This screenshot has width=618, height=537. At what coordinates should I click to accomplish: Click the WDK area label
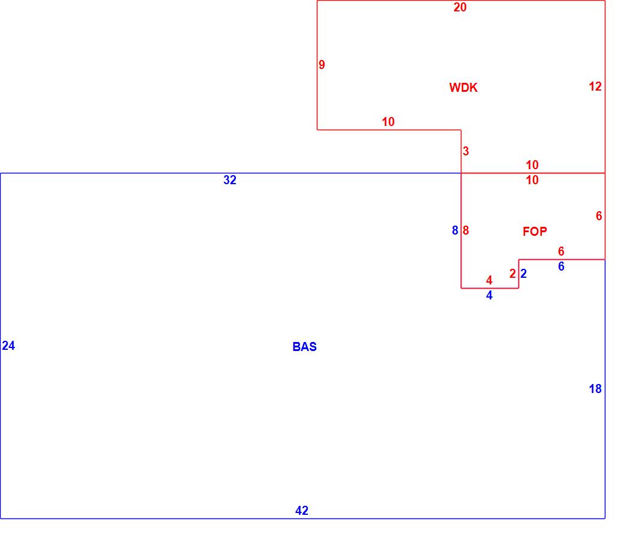(x=463, y=88)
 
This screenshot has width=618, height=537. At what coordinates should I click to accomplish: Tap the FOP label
(x=535, y=232)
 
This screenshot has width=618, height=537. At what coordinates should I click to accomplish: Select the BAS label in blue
(x=304, y=347)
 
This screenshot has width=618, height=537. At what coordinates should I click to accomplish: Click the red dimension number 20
(x=460, y=8)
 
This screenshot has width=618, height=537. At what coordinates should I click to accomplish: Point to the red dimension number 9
(x=322, y=65)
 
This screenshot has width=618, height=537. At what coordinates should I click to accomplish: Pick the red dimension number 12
(x=595, y=86)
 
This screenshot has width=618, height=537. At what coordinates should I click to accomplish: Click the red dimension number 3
(x=466, y=151)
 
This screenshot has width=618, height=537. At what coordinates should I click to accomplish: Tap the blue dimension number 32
(x=230, y=180)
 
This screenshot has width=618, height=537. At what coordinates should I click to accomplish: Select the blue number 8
(x=455, y=230)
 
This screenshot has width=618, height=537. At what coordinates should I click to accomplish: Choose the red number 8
(x=466, y=230)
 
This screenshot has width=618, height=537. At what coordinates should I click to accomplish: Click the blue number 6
(x=561, y=266)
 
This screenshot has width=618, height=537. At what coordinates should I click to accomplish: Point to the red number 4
(x=489, y=281)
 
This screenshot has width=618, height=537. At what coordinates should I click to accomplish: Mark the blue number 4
(x=489, y=295)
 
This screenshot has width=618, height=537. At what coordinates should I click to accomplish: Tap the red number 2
(x=512, y=274)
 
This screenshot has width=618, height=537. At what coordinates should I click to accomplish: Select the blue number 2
(x=524, y=274)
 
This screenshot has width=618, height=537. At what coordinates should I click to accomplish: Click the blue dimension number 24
(x=8, y=346)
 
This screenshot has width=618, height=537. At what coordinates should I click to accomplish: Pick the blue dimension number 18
(x=595, y=389)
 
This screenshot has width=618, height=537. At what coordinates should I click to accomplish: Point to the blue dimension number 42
(x=302, y=511)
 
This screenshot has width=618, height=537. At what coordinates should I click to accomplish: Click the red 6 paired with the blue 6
(x=561, y=252)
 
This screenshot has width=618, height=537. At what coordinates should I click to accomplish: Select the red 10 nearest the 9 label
(x=388, y=122)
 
